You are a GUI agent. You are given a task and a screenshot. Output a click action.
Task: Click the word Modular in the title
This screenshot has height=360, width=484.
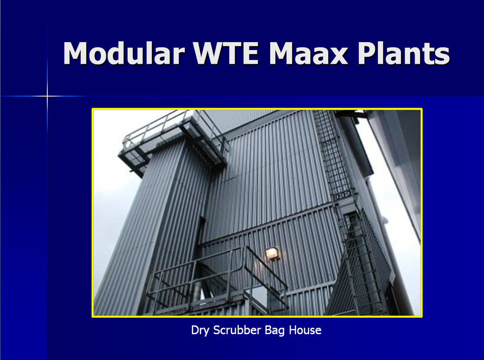[x=123, y=53]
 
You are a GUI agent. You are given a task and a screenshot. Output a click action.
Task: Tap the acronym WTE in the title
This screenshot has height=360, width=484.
[x=226, y=53]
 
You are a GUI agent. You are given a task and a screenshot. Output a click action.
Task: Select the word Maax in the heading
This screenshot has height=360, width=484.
[x=309, y=53]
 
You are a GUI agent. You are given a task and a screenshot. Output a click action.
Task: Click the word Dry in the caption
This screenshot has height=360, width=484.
[x=200, y=330]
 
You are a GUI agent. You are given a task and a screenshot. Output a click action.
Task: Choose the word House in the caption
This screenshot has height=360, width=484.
[x=305, y=330]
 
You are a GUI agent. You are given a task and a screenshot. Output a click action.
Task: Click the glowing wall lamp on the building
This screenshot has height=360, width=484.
[x=272, y=253]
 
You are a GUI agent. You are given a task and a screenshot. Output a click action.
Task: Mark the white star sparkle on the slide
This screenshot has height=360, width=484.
[x=47, y=96]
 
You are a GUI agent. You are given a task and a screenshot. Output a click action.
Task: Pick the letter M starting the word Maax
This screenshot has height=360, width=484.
[x=282, y=53]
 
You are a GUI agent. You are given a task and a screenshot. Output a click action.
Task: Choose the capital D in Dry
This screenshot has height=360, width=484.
[x=195, y=330]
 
